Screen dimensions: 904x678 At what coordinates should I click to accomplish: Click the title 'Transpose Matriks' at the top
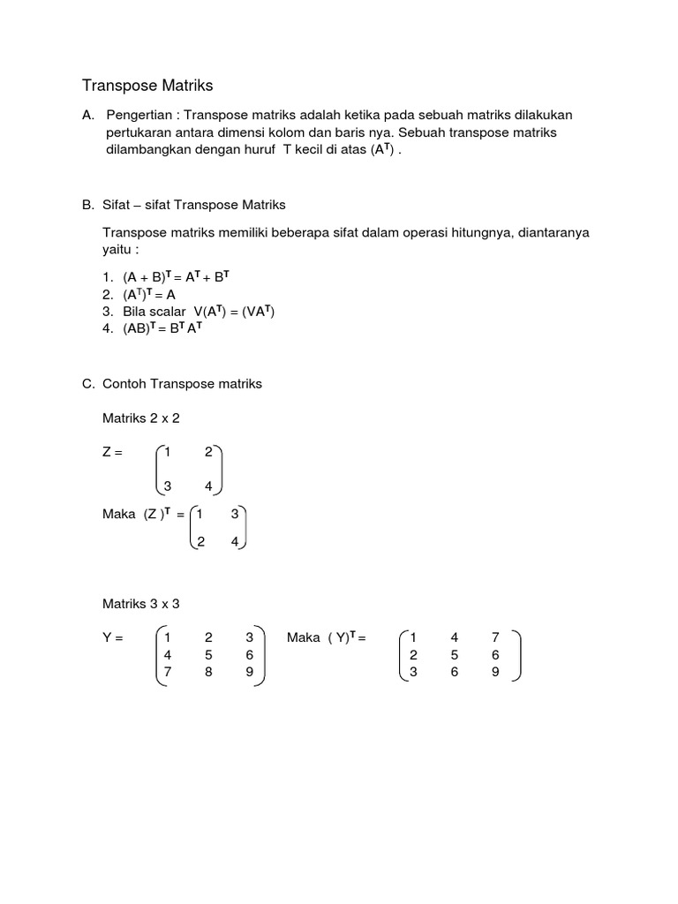point(147,86)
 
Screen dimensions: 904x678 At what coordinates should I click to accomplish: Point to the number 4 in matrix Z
point(208,486)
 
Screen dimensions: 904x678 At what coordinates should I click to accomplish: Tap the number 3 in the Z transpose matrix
point(235,514)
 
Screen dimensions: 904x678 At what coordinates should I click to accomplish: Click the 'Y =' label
point(113,637)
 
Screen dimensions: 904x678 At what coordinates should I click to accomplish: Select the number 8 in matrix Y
point(208,672)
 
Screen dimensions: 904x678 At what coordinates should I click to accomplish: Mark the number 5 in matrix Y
point(208,655)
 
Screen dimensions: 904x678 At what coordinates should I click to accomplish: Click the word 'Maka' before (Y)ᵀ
point(304,637)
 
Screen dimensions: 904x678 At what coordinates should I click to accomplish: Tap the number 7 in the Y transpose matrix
point(495,637)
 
